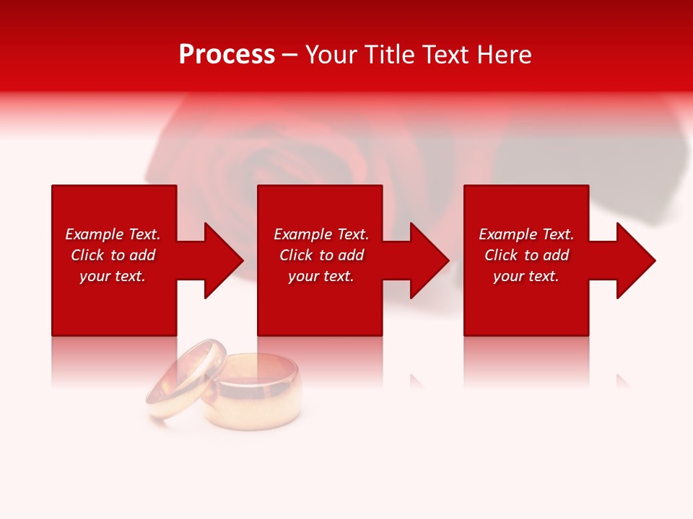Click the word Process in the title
[227, 55]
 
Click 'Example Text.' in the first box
[113, 234]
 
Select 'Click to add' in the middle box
[321, 255]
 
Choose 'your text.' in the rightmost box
[526, 276]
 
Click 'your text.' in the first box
[113, 276]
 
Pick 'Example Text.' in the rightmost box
[526, 234]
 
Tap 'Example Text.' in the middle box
[321, 234]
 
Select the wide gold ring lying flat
[253, 393]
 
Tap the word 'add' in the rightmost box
[554, 255]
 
